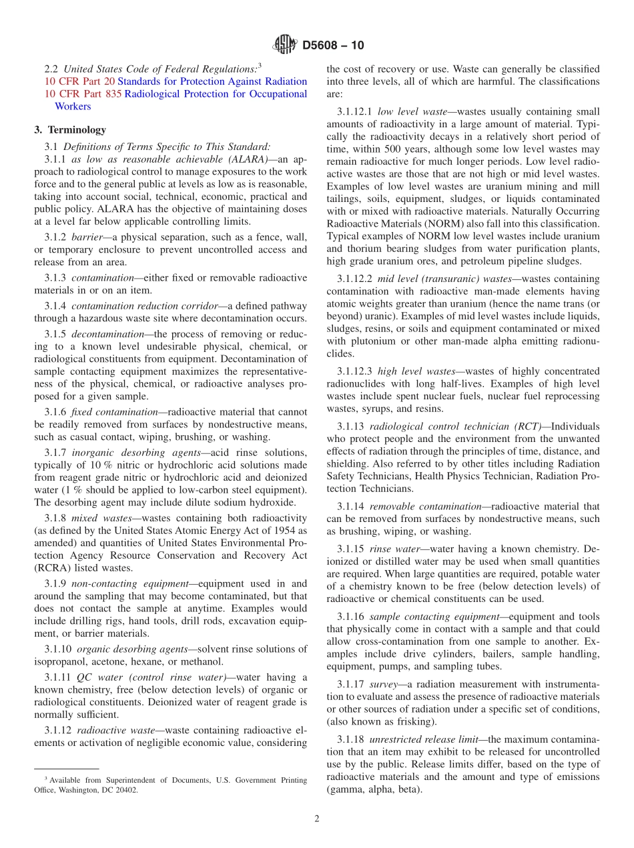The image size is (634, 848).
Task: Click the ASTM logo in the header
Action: (285, 45)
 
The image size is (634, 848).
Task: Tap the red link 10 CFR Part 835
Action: (77, 94)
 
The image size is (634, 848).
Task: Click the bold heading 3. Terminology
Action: (70, 129)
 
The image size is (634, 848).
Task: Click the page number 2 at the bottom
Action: (317, 819)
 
